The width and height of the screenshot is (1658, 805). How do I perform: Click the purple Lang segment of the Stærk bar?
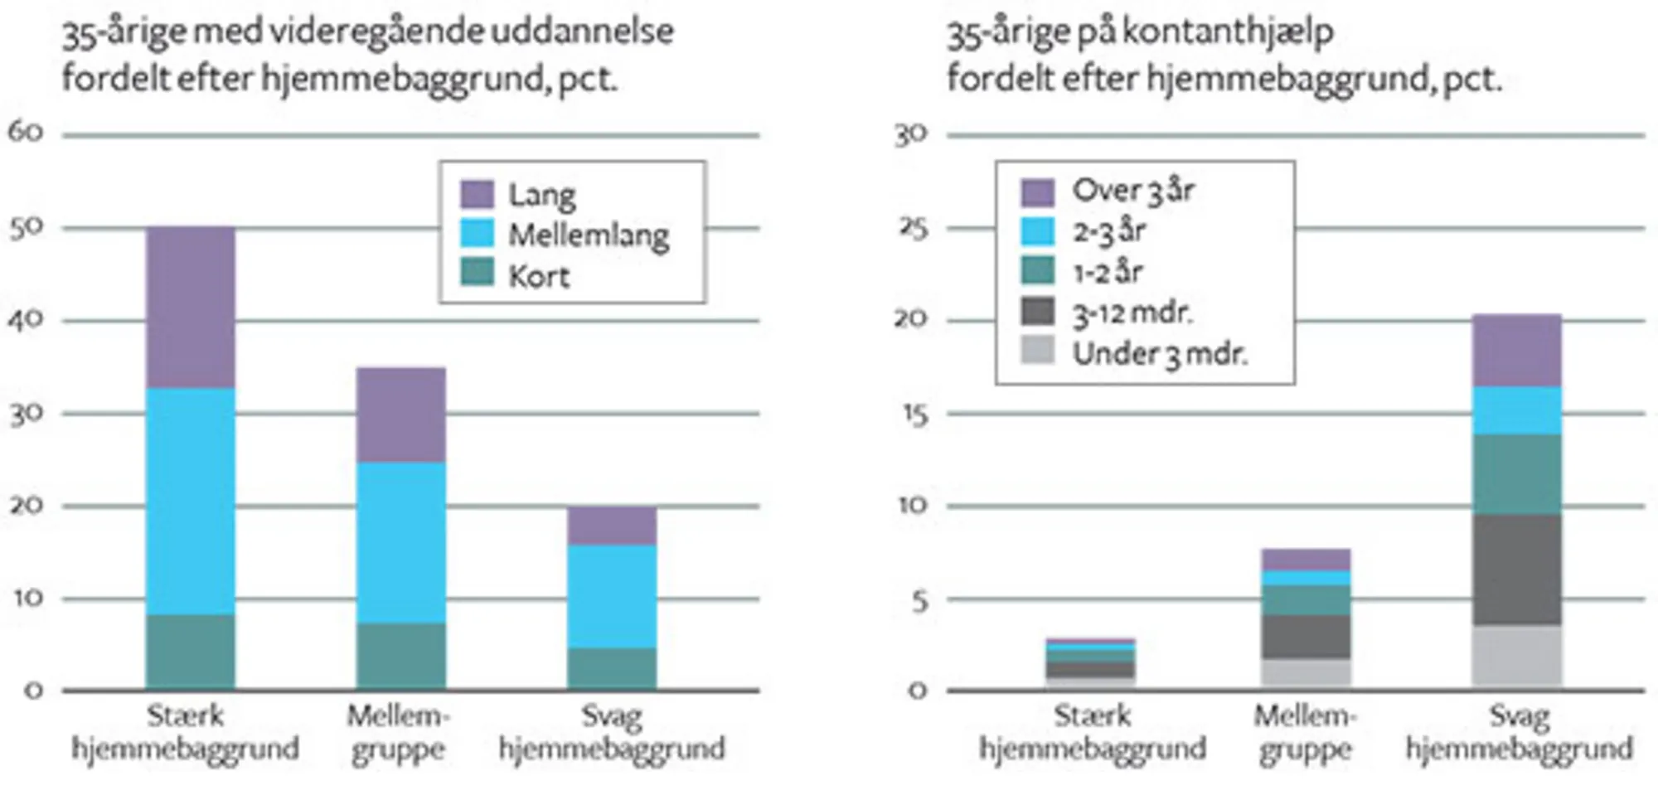pos(191,308)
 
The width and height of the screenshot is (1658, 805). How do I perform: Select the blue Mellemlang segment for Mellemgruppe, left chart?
pos(400,542)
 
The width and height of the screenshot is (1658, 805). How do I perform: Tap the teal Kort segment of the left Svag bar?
pos(612,668)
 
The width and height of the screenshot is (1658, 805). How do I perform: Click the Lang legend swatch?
pos(478,194)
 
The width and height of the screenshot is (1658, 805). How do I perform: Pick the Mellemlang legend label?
pos(589,235)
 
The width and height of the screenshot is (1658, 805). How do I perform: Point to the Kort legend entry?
pos(539,275)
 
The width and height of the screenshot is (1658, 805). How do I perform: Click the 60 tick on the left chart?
pos(26,132)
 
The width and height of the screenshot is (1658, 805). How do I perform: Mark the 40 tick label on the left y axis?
pos(26,320)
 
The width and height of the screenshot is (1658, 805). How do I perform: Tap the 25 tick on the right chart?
pos(913,228)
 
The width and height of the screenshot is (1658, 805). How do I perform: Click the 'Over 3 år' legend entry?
pos(1132,191)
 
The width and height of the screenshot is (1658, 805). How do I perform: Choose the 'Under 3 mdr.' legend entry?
pos(1160,354)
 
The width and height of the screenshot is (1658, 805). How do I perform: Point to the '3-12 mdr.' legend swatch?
pos(1038,312)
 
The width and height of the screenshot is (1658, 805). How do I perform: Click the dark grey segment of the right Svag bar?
pos(1516,570)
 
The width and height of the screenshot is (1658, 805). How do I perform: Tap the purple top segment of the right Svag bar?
pos(1516,351)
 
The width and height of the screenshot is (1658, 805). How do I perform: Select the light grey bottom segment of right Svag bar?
pos(1516,657)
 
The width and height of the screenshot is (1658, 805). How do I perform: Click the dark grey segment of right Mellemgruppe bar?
pos(1306,636)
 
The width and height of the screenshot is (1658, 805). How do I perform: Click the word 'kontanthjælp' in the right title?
pos(1228,32)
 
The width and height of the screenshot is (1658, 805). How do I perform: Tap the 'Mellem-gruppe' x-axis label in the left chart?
pos(399,732)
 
